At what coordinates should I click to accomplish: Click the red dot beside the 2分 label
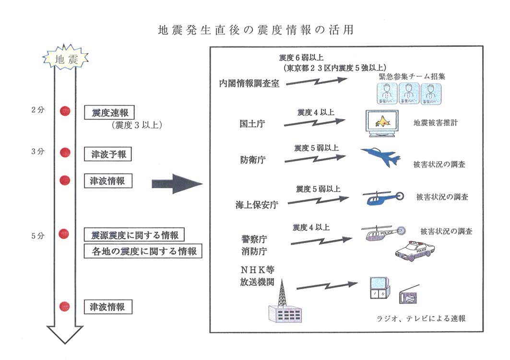(65, 111)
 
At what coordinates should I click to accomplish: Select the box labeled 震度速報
(109, 113)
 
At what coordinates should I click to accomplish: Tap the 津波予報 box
(107, 154)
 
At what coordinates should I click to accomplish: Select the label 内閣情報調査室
(249, 82)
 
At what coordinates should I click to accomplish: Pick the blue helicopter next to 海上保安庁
(382, 197)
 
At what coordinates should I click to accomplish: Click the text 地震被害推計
(436, 123)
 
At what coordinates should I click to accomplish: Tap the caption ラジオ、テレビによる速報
(421, 318)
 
